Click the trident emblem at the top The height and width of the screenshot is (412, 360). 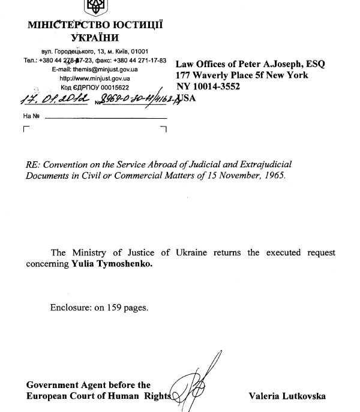[94, 8]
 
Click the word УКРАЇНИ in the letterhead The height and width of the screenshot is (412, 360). [94, 38]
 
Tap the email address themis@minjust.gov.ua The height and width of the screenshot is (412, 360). [108, 70]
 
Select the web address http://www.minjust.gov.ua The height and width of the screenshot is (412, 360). [95, 78]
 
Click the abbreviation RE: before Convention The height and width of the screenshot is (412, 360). [34, 165]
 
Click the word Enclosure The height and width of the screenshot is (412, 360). [70, 308]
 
